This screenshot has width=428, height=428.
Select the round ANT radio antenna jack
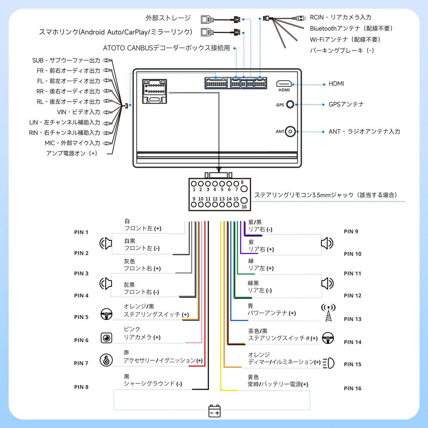click(290, 131)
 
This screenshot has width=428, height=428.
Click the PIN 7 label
click(81, 363)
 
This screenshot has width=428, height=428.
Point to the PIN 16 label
click(352, 388)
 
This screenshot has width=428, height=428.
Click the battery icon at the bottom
click(214, 411)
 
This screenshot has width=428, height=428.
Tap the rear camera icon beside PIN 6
click(107, 338)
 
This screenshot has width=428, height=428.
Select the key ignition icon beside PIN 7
click(106, 360)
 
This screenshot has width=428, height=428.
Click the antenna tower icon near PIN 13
click(328, 313)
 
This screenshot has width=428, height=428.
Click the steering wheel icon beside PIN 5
click(106, 313)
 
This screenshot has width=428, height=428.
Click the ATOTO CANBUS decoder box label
click(166, 48)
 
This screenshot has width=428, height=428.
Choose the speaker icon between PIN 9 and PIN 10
click(327, 243)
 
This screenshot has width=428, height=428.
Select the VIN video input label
click(79, 112)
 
